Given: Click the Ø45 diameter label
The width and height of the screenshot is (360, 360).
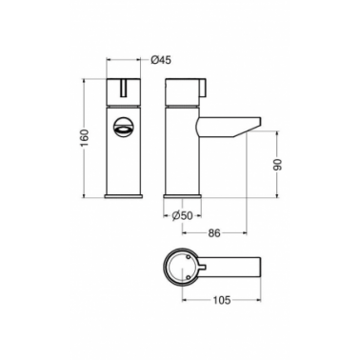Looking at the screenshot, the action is click(161, 60).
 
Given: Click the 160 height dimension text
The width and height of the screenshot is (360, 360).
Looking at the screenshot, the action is click(85, 138).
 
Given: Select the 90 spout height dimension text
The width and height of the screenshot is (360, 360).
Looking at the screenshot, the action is click(277, 164).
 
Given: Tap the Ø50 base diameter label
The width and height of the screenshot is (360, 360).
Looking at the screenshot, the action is click(182, 216).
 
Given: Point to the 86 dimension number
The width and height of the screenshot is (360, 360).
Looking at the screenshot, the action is click(214, 233).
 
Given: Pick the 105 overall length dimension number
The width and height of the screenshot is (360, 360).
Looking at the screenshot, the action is click(221, 300).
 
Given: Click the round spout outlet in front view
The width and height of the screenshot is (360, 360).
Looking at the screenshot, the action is click(123, 127).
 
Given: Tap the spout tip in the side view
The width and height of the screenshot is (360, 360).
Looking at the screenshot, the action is click(258, 122).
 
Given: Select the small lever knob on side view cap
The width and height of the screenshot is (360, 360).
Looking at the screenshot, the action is click(202, 87).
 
